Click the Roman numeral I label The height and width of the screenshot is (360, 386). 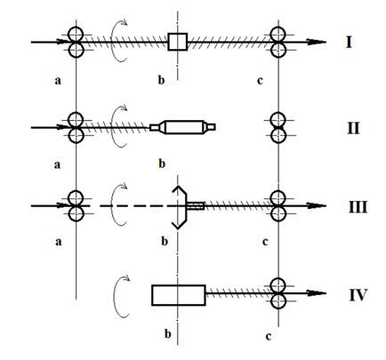(x=349, y=42)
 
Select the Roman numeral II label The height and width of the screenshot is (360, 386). (x=353, y=128)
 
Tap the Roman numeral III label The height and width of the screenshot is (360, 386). (x=358, y=207)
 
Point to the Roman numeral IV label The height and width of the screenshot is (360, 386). (x=358, y=295)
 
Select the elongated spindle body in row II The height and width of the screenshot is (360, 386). (x=182, y=127)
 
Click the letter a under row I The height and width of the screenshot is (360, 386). (x=58, y=81)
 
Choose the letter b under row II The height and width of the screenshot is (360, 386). (x=162, y=164)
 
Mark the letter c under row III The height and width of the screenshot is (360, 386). (x=265, y=242)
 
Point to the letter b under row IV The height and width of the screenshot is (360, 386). (x=168, y=334)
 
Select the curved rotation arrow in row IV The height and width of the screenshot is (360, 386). (x=115, y=296)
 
